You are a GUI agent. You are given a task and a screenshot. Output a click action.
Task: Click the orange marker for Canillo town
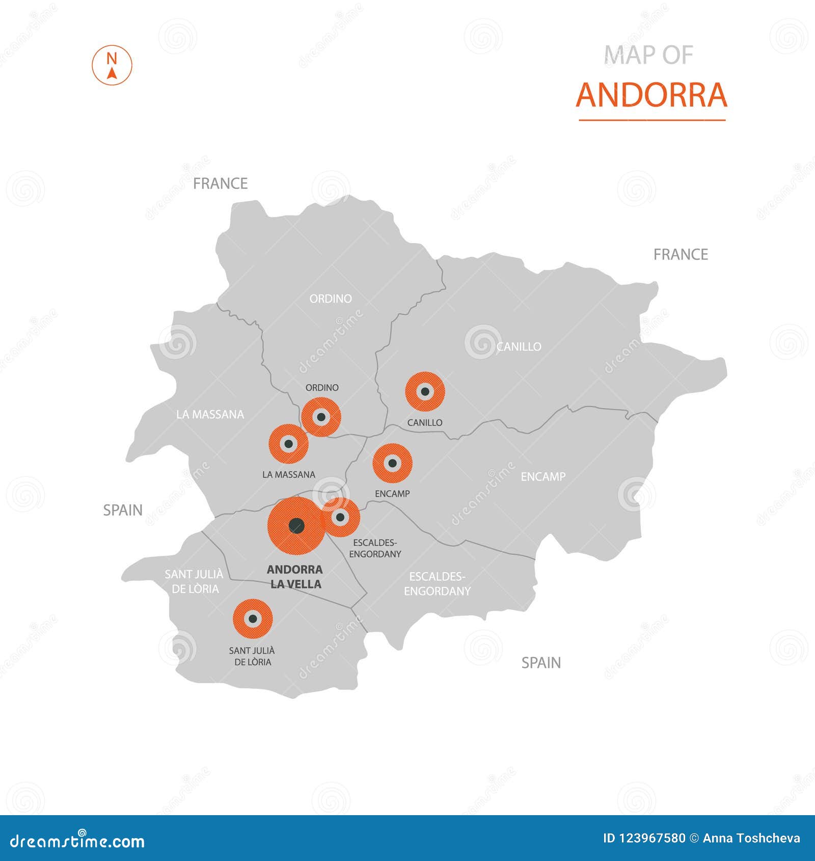[x=425, y=392]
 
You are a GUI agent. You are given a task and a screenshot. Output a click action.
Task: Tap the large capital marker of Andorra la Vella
[x=296, y=526]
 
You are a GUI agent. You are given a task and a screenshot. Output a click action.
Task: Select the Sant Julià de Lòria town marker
[x=253, y=619]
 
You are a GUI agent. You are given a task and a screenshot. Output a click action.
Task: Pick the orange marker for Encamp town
[x=392, y=463]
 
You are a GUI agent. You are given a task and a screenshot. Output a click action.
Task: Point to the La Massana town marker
[x=288, y=444]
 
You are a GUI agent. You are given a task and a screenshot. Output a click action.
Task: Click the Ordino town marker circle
[x=321, y=417]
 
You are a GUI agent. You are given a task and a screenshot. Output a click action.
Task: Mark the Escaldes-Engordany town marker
[x=341, y=518]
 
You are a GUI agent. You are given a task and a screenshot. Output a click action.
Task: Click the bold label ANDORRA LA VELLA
[x=295, y=577]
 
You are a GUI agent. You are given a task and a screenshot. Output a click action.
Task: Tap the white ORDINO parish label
[x=331, y=299]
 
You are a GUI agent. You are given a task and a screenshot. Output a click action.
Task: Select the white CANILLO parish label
[x=519, y=347]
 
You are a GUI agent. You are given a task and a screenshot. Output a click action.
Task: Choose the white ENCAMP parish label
[x=543, y=477]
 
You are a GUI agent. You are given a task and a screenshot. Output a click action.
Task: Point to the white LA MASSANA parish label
[x=210, y=415]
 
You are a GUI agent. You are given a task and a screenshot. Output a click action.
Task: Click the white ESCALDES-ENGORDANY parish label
[x=437, y=584]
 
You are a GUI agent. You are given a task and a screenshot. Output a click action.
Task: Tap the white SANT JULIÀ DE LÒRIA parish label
[x=194, y=581]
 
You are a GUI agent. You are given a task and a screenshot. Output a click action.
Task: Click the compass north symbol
[x=112, y=65]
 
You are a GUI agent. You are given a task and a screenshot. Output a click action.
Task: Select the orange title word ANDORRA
[x=651, y=95]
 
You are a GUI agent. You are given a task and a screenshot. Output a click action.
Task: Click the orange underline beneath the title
[x=652, y=120]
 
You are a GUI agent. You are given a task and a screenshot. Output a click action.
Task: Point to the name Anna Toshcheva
[x=751, y=838]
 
